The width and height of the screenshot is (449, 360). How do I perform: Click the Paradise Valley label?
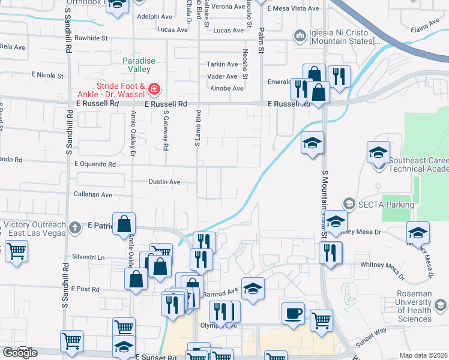pyautogui.click(x=139, y=65)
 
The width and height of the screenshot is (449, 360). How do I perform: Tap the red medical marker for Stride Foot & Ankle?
pyautogui.click(x=154, y=90)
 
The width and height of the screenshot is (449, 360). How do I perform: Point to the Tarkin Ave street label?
pyautogui.click(x=223, y=64)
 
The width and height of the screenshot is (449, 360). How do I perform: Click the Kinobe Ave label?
pyautogui.click(x=227, y=88)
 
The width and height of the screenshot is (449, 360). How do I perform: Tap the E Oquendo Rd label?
pyautogui.click(x=94, y=164)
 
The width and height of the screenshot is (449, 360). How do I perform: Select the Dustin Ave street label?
pyautogui.click(x=164, y=182)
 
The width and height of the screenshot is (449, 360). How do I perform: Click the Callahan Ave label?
pyautogui.click(x=92, y=195)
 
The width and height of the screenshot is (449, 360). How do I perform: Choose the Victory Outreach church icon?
pyautogui.click(x=74, y=227)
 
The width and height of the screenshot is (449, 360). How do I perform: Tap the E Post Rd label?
pyautogui.click(x=85, y=289)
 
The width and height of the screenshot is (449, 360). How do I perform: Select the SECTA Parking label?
pyautogui.click(x=387, y=205)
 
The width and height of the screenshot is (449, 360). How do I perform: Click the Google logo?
pyautogui.click(x=20, y=352)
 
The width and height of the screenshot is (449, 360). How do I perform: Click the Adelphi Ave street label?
pyautogui.click(x=150, y=17)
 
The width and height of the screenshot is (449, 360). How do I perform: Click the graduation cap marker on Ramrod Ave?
pyautogui.click(x=253, y=288)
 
